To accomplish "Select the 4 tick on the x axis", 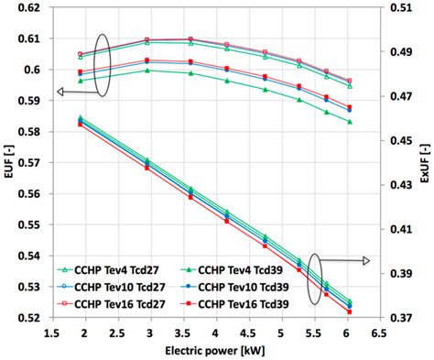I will (x=214, y=333).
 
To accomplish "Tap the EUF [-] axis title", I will (x=8, y=163).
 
